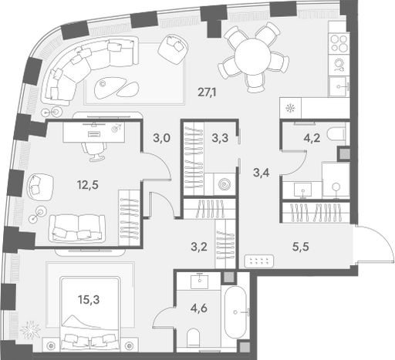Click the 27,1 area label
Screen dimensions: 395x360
pyautogui.click(x=207, y=92)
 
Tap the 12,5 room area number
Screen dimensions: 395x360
pyautogui.click(x=88, y=184)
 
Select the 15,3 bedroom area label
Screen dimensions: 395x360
pyautogui.click(x=89, y=299)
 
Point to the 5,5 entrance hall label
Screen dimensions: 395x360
pyautogui.click(x=301, y=247)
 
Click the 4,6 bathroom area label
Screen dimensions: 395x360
pyautogui.click(x=199, y=308)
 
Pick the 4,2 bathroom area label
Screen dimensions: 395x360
pyautogui.click(x=312, y=138)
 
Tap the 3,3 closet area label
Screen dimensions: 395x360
pyautogui.click(x=220, y=138)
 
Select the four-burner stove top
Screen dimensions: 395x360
pyautogui.click(x=339, y=42)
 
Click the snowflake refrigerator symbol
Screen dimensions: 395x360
pyautogui.click(x=290, y=108)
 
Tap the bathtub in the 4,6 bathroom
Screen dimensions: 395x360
pyautogui.click(x=235, y=312)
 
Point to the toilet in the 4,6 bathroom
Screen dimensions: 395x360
pyautogui.click(x=194, y=338)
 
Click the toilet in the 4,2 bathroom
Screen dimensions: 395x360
pyautogui.click(x=337, y=134)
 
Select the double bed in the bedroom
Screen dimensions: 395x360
pyautogui.click(x=90, y=314)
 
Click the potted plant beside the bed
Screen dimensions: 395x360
pyautogui.click(x=31, y=329)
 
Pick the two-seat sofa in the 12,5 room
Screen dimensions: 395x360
pyautogui.click(x=77, y=228)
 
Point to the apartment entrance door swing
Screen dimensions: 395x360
pyautogui.click(x=375, y=244)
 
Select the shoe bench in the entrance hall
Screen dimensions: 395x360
pyautogui.click(x=259, y=261)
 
